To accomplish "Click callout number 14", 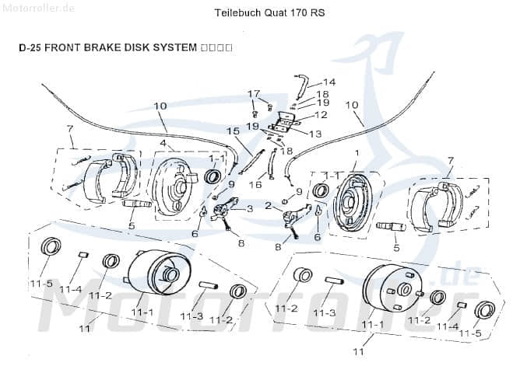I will click(329, 82).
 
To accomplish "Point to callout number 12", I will click(321, 115).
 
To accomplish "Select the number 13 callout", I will click(314, 134).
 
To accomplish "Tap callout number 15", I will click(232, 131).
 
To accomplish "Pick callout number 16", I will click(255, 185).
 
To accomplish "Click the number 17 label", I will click(253, 94).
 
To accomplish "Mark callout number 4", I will click(163, 143).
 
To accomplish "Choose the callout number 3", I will click(249, 208).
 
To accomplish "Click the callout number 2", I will click(267, 205).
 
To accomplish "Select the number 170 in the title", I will click(292, 13).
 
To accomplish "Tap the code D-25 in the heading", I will click(30, 47).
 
